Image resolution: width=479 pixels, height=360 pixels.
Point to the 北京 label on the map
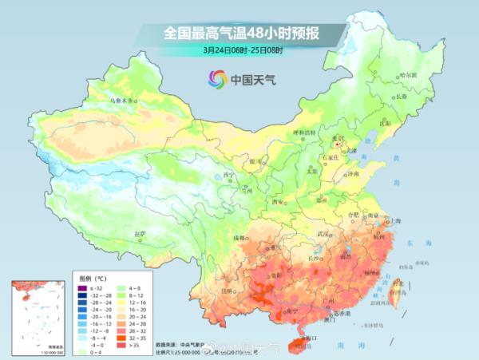pos(336,138)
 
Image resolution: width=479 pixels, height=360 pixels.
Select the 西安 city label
pos(276,202)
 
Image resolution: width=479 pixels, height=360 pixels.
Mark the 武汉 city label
pos(323,233)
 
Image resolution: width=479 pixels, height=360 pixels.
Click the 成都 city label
pos(239,238)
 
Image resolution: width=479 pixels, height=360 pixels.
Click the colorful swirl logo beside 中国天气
pos(216,78)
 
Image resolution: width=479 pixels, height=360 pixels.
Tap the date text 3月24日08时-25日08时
pos(243,49)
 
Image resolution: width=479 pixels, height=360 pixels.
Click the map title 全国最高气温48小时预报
pos(243,33)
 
